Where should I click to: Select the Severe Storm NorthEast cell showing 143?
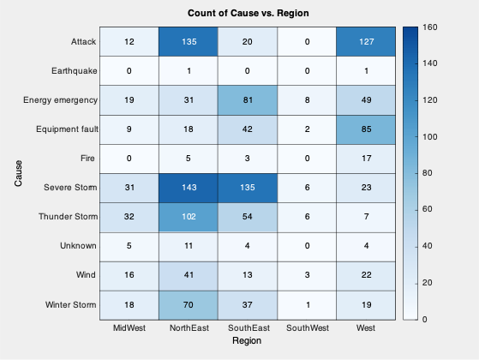click(x=188, y=188)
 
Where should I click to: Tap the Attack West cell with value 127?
click(x=365, y=41)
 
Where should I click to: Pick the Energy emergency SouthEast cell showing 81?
click(x=247, y=99)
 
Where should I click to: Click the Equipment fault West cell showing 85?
click(x=365, y=129)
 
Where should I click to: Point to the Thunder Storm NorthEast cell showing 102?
click(x=188, y=217)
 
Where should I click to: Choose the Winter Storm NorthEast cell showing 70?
click(x=188, y=304)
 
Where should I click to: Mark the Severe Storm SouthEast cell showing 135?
click(x=247, y=188)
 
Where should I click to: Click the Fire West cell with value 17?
click(x=365, y=158)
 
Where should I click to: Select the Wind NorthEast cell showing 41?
click(x=188, y=275)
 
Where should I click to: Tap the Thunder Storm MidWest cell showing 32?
click(x=129, y=217)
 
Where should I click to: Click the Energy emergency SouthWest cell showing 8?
click(x=306, y=99)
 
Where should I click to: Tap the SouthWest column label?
click(x=306, y=328)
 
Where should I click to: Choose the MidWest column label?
click(x=129, y=328)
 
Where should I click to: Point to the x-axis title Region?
click(x=248, y=341)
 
